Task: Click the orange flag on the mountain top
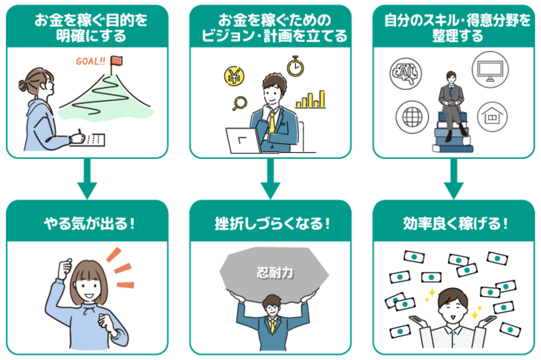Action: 117,61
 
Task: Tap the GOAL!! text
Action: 91,61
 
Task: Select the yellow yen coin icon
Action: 234,76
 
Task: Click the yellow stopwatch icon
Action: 295,66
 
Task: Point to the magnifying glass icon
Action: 240,103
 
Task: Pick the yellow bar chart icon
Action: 311,99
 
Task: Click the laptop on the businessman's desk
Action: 244,141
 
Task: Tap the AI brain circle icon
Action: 406,73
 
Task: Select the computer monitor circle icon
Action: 491,69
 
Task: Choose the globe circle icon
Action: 412,117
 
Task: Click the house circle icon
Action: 492,117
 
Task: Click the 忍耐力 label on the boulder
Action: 275,273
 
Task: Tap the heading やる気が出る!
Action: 89,223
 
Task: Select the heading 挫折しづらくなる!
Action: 272,223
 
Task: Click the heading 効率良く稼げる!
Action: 455,223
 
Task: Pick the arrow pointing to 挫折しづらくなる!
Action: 270,179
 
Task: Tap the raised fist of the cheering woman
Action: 65,269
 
